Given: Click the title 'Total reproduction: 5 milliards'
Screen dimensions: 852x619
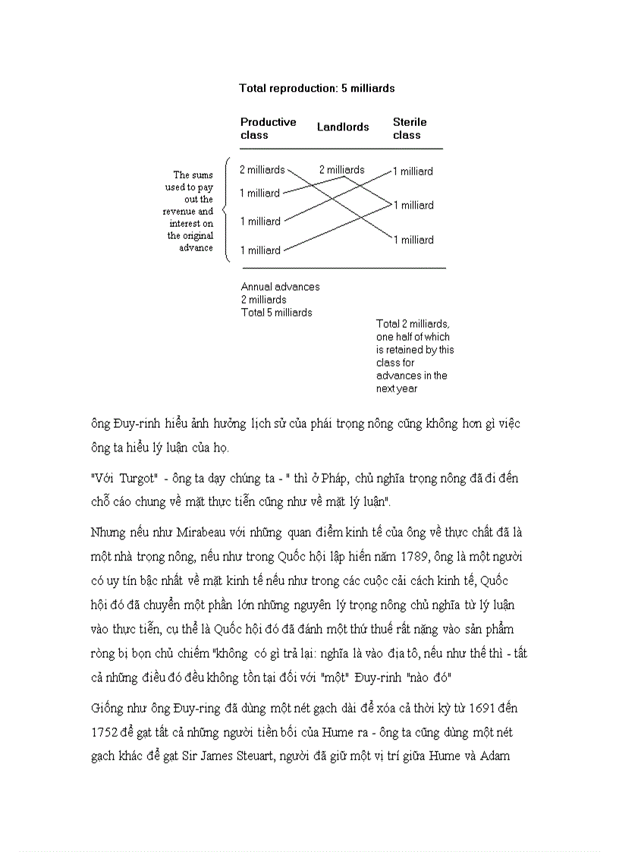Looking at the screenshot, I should click(316, 88).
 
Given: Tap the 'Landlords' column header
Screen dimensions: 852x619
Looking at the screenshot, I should click(343, 127).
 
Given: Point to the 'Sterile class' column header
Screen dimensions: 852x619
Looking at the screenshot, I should click(410, 128).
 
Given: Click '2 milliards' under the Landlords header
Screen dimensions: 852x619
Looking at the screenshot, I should click(341, 170).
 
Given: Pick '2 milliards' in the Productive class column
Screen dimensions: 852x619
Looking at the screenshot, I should click(262, 170).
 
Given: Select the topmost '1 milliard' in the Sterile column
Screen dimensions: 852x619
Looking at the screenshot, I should click(413, 171).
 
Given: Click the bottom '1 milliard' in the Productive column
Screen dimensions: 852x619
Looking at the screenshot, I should click(260, 250).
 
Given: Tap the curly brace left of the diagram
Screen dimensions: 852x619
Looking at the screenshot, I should click(226, 209).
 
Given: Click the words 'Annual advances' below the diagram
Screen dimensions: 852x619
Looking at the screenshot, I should click(280, 287).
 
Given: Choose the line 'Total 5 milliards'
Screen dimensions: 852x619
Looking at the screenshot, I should click(276, 313).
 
